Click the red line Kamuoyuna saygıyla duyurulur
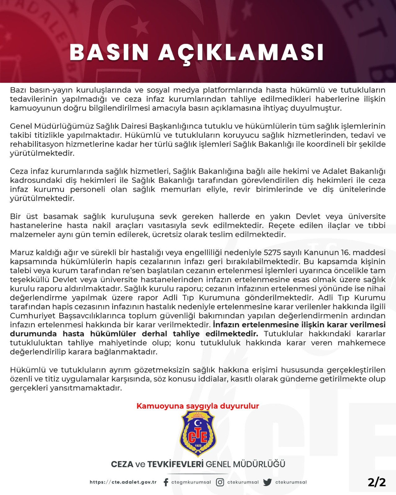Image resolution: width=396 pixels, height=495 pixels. pos(198,406)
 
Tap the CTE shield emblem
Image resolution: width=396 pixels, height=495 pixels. pos(198,433)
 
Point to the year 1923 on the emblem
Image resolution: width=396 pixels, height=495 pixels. pos(198,445)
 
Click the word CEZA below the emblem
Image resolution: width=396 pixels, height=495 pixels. pos(122,464)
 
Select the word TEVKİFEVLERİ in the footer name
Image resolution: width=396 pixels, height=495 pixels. pos(175,464)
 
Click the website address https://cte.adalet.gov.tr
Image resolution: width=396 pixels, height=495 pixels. pos(123,482)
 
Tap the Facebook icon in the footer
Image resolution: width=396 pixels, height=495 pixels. pos(166,482)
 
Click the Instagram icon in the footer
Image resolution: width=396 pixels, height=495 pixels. pos(220,482)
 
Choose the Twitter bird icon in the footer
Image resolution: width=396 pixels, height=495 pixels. pos(268,482)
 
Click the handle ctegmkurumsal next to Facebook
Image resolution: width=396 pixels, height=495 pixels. pos(191,482)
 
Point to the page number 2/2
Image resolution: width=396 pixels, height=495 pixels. pos(376,482)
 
